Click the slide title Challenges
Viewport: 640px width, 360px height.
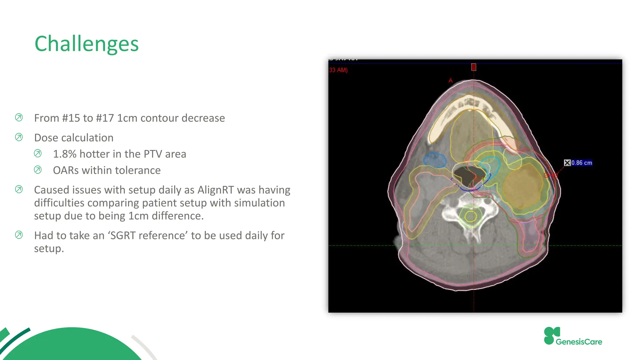(87, 44)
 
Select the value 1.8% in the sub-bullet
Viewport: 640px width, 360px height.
(64, 154)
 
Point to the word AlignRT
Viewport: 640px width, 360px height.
(216, 190)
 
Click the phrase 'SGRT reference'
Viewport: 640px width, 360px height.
(148, 236)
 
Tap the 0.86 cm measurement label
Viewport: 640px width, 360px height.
(582, 163)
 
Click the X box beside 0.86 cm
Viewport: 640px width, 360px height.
(567, 163)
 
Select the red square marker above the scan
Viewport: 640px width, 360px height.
(474, 67)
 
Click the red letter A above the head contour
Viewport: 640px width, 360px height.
(450, 81)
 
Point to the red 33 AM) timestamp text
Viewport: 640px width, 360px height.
(338, 70)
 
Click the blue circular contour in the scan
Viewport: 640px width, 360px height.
(434, 160)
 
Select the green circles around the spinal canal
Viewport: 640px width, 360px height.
(470, 216)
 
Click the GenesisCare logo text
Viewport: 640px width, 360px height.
(579, 342)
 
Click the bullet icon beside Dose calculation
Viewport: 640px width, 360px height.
(19, 137)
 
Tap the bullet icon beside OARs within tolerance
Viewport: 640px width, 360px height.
(37, 170)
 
